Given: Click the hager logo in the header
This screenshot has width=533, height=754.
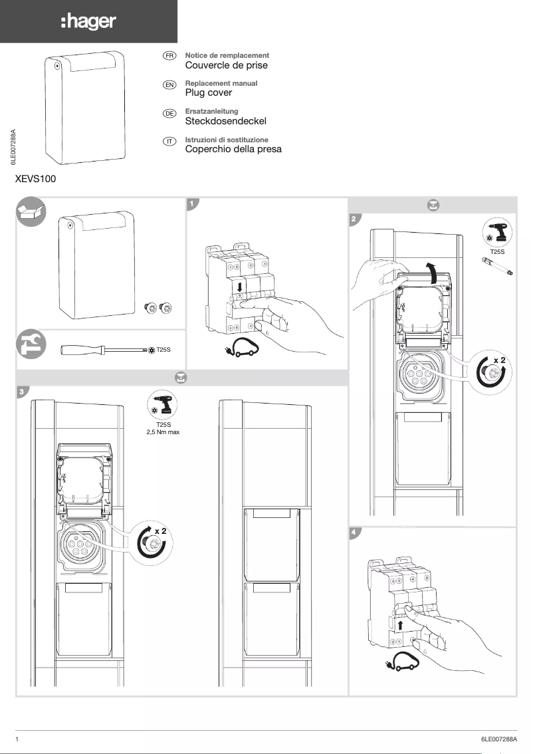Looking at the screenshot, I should [88, 22].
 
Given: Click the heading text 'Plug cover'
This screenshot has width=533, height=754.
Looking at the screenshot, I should [208, 93].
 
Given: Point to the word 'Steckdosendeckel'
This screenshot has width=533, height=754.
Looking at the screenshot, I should [225, 122].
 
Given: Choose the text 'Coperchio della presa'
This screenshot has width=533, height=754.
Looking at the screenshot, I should [233, 149].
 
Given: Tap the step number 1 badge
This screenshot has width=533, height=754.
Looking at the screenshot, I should [192, 203].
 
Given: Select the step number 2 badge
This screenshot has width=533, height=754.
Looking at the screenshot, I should [355, 219].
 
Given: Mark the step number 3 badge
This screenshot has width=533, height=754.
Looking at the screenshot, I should [22, 392].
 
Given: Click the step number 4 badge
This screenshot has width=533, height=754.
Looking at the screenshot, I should [355, 533].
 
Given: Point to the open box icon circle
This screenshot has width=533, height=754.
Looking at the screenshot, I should [31, 212].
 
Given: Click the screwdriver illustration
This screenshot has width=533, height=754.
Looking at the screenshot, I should [103, 349].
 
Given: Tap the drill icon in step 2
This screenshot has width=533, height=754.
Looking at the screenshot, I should [497, 233].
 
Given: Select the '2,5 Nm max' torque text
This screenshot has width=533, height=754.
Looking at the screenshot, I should [163, 432].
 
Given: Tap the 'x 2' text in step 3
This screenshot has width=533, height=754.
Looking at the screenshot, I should [160, 531].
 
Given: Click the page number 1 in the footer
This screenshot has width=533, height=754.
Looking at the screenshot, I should [16, 739].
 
